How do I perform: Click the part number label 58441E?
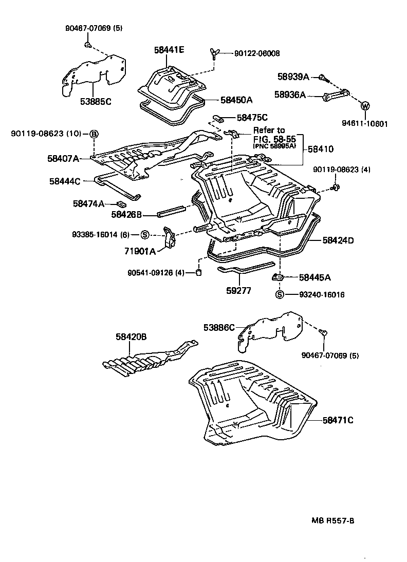(x=169, y=50)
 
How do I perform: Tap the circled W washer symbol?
(x=365, y=106)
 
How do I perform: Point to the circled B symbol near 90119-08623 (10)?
(x=94, y=134)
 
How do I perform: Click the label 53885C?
(x=96, y=102)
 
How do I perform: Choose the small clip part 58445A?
(x=277, y=278)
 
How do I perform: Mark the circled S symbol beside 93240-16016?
(x=279, y=295)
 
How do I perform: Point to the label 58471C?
(x=338, y=420)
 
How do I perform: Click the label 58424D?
(x=338, y=240)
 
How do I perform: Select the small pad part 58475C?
(x=217, y=118)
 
